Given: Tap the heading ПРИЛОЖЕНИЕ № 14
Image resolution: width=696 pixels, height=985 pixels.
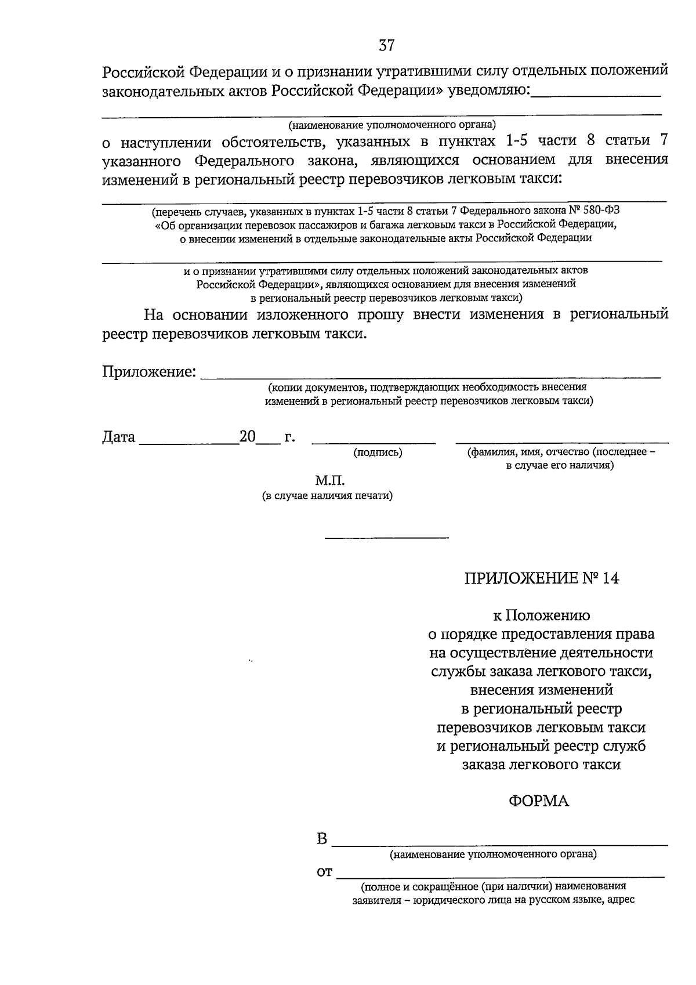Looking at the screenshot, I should [x=541, y=578].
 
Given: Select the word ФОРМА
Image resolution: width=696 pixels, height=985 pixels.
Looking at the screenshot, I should [x=539, y=801].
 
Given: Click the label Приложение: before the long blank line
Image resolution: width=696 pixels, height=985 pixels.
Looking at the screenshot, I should [x=149, y=372].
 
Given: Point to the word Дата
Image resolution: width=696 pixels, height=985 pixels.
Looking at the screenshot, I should [x=119, y=437].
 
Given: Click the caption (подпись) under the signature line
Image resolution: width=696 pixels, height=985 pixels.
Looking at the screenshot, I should [x=378, y=452].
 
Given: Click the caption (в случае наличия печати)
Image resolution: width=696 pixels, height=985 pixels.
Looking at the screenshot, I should [x=328, y=496].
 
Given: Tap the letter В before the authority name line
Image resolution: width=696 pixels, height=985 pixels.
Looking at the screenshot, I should [x=322, y=839].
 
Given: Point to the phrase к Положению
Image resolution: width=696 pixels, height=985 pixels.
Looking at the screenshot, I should [x=541, y=615].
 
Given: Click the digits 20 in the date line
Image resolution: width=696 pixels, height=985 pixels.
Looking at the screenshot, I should [x=248, y=437].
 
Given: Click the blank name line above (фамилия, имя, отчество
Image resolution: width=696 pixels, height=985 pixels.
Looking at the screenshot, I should [x=561, y=443].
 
